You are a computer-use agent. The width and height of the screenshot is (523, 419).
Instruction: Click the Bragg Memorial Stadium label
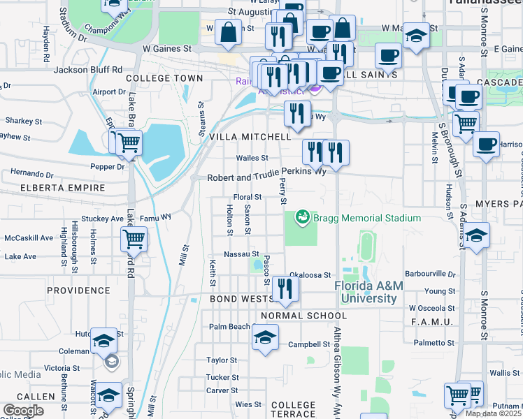point(367,219)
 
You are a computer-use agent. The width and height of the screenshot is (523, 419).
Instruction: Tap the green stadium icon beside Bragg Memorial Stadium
point(303,219)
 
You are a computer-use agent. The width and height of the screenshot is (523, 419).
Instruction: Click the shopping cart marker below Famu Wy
point(134,240)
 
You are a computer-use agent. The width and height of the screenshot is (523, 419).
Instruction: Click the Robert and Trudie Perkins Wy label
point(266,177)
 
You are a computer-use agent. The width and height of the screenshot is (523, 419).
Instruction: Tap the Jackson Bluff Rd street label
point(88,70)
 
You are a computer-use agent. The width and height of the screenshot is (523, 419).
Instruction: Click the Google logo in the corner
point(22,411)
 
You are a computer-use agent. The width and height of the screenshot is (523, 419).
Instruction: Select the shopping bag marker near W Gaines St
point(229,32)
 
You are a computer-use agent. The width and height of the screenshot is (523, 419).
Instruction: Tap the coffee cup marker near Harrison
point(485,145)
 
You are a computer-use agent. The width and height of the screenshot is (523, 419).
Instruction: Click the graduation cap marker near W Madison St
point(416,35)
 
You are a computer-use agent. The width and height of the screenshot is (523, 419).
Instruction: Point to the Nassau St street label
point(242,253)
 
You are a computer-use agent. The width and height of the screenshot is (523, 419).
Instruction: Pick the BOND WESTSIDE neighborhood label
point(241,299)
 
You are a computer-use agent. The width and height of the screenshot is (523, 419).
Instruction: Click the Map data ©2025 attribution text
point(494,413)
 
